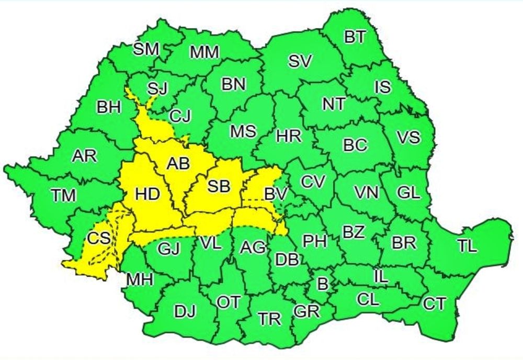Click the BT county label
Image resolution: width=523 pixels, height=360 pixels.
(x=355, y=37)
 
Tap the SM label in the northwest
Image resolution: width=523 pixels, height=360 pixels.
(x=146, y=49)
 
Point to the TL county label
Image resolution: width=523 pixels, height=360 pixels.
(x=467, y=246)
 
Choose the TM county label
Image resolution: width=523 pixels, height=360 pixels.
(x=64, y=195)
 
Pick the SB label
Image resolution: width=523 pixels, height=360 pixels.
(x=219, y=186)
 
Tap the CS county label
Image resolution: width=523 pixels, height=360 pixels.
(x=98, y=239)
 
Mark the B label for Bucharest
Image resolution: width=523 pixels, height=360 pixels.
(x=323, y=284)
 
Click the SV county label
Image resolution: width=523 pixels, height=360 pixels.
(x=300, y=61)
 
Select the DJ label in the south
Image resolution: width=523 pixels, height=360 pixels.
(x=185, y=312)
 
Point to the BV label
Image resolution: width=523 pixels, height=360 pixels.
(x=276, y=194)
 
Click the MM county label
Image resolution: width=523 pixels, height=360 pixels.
(x=204, y=52)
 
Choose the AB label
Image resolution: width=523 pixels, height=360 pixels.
(x=178, y=164)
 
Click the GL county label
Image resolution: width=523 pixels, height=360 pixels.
(x=408, y=193)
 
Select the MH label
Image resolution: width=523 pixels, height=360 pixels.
(x=139, y=280)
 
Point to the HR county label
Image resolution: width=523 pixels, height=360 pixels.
(x=289, y=137)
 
